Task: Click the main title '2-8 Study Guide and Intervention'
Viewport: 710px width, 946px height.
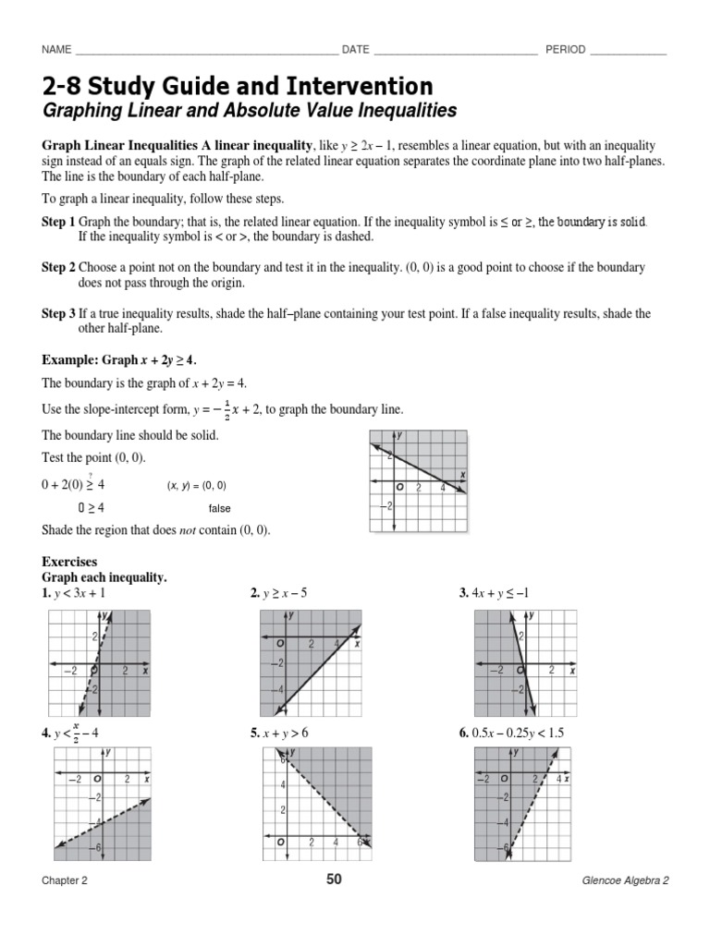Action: [x=237, y=87]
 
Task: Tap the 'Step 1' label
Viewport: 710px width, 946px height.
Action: [x=58, y=223]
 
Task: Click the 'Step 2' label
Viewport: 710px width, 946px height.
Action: [x=58, y=267]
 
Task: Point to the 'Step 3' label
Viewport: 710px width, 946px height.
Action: [x=58, y=314]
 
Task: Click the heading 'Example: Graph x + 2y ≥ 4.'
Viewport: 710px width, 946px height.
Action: [x=120, y=360]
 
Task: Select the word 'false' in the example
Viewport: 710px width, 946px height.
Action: [x=219, y=508]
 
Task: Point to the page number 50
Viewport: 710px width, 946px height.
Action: [x=334, y=879]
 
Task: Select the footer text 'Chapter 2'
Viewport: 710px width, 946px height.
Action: [x=65, y=881]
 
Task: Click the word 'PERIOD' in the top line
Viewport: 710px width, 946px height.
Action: [x=565, y=50]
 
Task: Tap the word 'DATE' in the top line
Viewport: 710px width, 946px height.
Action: [x=356, y=50]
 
